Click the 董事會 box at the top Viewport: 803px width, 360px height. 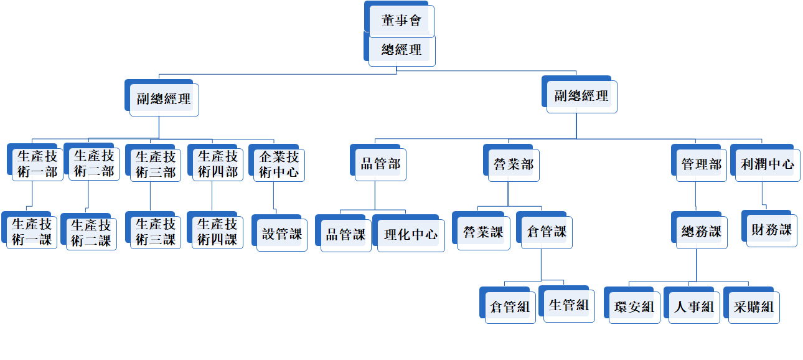point(401,21)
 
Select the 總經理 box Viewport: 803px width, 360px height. point(401,50)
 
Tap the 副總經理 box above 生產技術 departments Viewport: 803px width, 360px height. point(164,99)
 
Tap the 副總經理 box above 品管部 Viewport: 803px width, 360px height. point(581,96)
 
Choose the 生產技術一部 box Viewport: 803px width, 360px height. point(37,164)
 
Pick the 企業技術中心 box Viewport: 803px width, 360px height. point(279,164)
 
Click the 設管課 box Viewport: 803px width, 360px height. point(281,234)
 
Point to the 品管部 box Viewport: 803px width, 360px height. point(380,164)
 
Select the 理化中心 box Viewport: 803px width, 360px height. point(410,235)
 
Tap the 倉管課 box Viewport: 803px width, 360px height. point(546,232)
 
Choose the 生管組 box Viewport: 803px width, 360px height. point(569,305)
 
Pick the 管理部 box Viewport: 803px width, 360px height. point(701,164)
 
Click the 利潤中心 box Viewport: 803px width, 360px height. point(767,164)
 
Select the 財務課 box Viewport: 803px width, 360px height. point(771,230)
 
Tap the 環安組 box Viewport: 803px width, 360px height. point(634,306)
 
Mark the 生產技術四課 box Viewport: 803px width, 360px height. point(217,232)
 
